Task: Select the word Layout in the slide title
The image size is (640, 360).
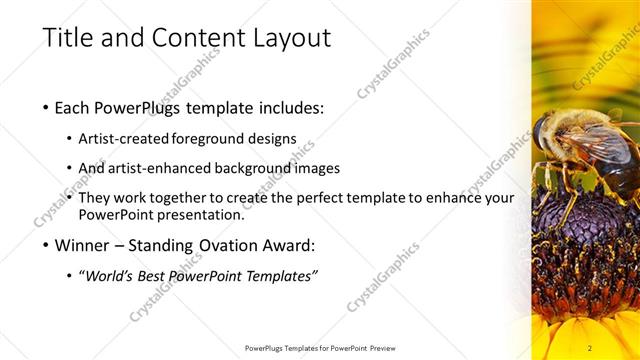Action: click(x=291, y=39)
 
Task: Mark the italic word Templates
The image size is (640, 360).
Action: click(x=281, y=276)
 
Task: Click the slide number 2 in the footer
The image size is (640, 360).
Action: click(x=590, y=348)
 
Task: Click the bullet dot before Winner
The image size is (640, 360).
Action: click(x=47, y=245)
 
